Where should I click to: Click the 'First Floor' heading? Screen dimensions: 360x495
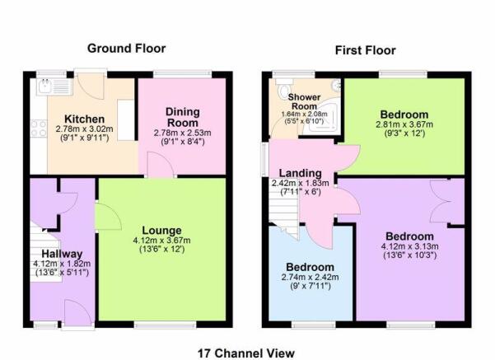[365, 50]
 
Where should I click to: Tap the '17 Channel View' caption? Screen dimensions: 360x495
[246, 353]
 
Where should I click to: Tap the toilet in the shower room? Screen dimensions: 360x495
[285, 89]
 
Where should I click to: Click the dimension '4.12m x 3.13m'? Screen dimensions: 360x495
[410, 245]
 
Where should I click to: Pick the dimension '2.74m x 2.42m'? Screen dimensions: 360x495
[311, 278]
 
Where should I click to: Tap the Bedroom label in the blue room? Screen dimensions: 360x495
[311, 267]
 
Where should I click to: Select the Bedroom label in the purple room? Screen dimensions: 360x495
[410, 234]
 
